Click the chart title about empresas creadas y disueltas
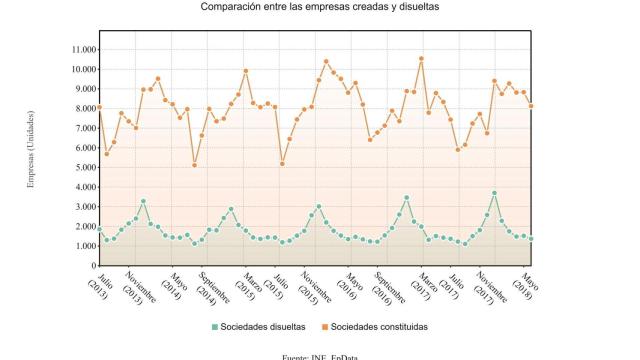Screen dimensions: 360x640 tap(320, 8)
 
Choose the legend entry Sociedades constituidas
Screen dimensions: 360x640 tap(380, 326)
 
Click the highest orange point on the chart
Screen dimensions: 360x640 tap(421, 58)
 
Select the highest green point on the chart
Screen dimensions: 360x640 tap(494, 193)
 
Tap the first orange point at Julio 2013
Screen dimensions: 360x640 tap(100, 107)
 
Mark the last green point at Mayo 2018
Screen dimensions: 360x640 tap(531, 238)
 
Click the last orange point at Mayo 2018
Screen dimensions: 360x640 tap(531, 105)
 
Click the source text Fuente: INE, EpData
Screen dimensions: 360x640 tap(320, 355)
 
